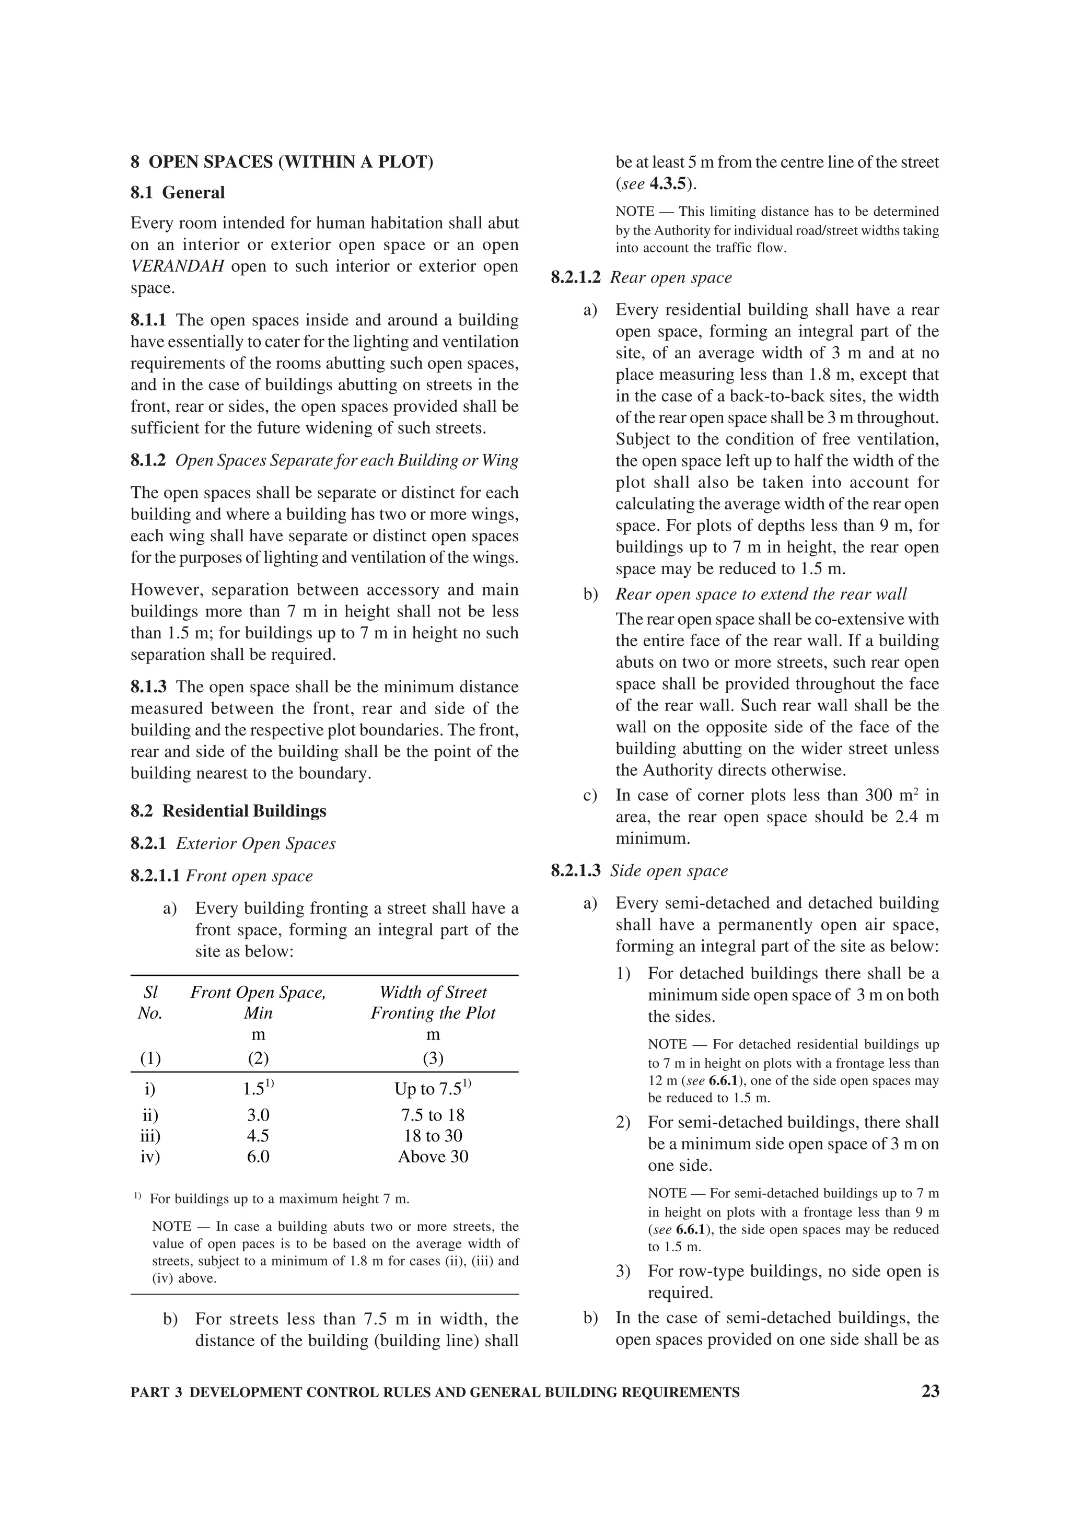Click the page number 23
pos(930,1391)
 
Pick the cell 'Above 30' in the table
pos(433,1157)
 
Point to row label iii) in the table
pos(150,1136)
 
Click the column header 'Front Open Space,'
pos(258,993)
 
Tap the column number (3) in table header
pos(433,1058)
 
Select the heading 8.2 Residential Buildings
pos(228,810)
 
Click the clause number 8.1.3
pos(148,687)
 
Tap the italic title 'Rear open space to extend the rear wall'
pos(761,594)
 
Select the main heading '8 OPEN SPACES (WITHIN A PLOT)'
pos(282,162)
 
